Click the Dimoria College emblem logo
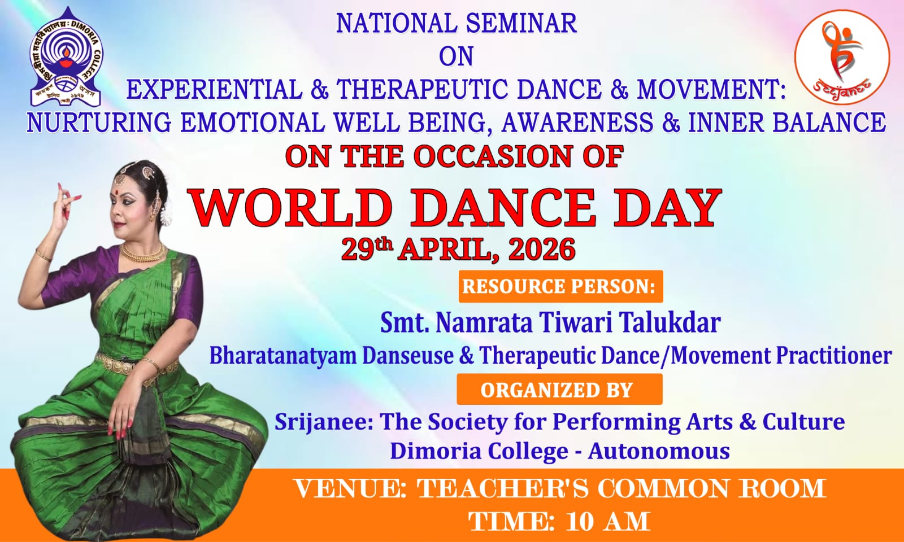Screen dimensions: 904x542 (x=66, y=57)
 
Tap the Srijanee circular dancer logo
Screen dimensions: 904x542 (x=842, y=57)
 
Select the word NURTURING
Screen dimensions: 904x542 (x=99, y=122)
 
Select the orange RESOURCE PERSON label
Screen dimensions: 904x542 (x=560, y=286)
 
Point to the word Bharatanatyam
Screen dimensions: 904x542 (x=283, y=356)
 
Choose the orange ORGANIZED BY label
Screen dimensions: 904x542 (x=559, y=390)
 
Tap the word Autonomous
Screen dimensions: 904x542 (x=659, y=451)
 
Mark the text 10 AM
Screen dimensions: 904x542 (x=608, y=522)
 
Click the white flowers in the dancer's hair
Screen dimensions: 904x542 (x=166, y=214)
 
